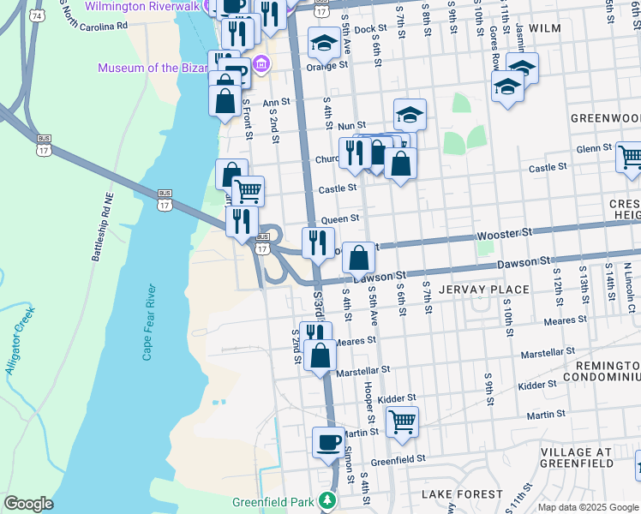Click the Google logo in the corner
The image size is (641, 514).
28,504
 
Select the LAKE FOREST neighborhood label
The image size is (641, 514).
462,494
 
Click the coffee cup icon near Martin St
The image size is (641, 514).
327,441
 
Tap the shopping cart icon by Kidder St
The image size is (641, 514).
401,421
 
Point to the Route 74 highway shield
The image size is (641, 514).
36,15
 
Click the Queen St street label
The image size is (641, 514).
340,220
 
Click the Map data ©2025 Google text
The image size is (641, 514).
588,507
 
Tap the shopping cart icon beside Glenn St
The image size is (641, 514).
629,157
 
